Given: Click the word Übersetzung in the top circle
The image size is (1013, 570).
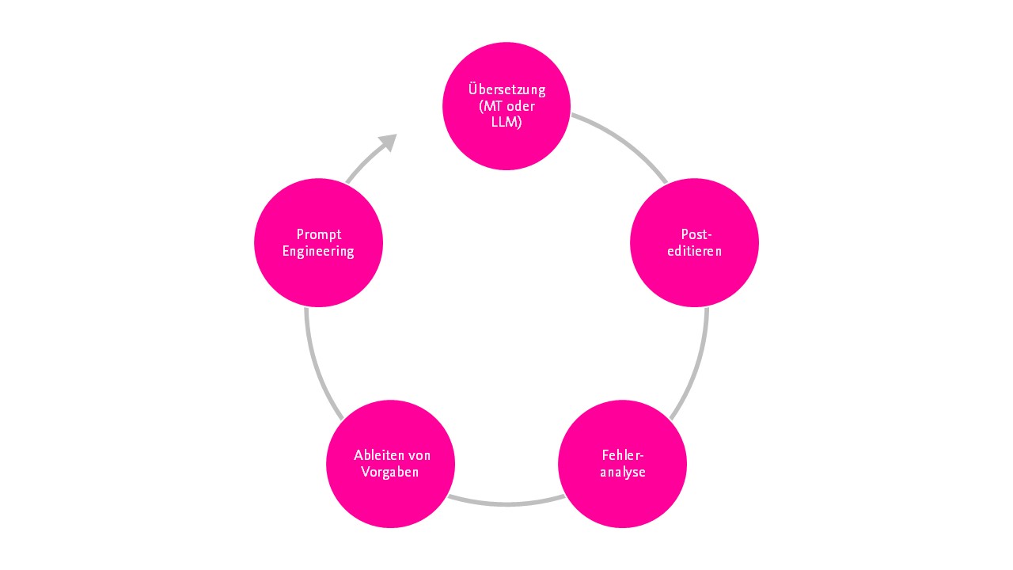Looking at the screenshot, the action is (506, 89).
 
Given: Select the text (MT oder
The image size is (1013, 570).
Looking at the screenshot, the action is (506, 106).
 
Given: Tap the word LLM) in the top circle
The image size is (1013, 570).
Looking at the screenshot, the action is (506, 122).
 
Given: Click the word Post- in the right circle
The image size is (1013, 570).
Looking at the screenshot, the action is (696, 234).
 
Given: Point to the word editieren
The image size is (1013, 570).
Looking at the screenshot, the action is (695, 251).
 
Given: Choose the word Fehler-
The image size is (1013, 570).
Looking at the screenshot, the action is (623, 455).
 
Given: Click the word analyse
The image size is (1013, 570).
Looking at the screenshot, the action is (623, 473).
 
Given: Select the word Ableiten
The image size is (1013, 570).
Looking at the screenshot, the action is (378, 455).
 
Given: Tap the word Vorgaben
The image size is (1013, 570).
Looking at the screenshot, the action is (390, 473).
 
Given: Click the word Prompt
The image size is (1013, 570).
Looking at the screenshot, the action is (319, 235).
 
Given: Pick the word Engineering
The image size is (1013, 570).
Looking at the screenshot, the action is (318, 252).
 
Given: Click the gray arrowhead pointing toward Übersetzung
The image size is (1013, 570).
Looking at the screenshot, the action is (388, 142).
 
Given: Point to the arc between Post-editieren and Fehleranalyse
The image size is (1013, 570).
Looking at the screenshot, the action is (697, 366).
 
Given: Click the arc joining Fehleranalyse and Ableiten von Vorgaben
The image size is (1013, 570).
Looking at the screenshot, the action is (506, 503).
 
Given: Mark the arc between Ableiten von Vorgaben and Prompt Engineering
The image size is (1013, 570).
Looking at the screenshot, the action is (316, 366).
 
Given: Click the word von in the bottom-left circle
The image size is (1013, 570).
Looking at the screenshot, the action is (419, 455).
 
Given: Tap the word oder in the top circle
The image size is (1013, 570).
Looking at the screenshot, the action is (521, 106).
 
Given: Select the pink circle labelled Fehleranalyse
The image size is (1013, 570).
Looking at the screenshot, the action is (623, 464).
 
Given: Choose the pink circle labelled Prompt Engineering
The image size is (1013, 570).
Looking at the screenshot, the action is (318, 243).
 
